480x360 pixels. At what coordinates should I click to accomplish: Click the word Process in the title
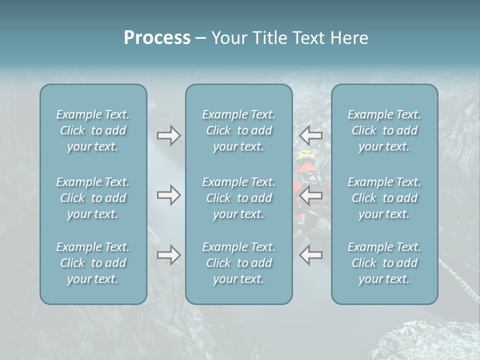157,38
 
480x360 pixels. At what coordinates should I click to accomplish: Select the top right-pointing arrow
168,135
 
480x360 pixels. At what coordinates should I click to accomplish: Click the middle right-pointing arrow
168,195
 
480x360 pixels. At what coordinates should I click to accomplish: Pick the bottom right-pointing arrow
168,255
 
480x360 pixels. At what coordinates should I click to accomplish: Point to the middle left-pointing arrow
311,195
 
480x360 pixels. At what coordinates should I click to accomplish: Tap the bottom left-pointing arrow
311,255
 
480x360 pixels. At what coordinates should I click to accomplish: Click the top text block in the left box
93,130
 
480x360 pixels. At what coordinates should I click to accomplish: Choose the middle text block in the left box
93,198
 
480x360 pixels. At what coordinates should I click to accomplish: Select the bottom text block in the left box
93,263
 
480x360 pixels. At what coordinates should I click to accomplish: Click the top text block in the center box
239,130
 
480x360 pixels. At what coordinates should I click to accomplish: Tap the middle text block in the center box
239,198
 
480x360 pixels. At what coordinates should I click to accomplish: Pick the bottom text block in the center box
239,263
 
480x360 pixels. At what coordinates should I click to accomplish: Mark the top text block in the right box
384,130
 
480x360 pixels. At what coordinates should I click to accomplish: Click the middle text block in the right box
384,198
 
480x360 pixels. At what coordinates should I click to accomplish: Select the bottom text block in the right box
384,263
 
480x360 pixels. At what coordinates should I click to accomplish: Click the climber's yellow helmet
304,155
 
